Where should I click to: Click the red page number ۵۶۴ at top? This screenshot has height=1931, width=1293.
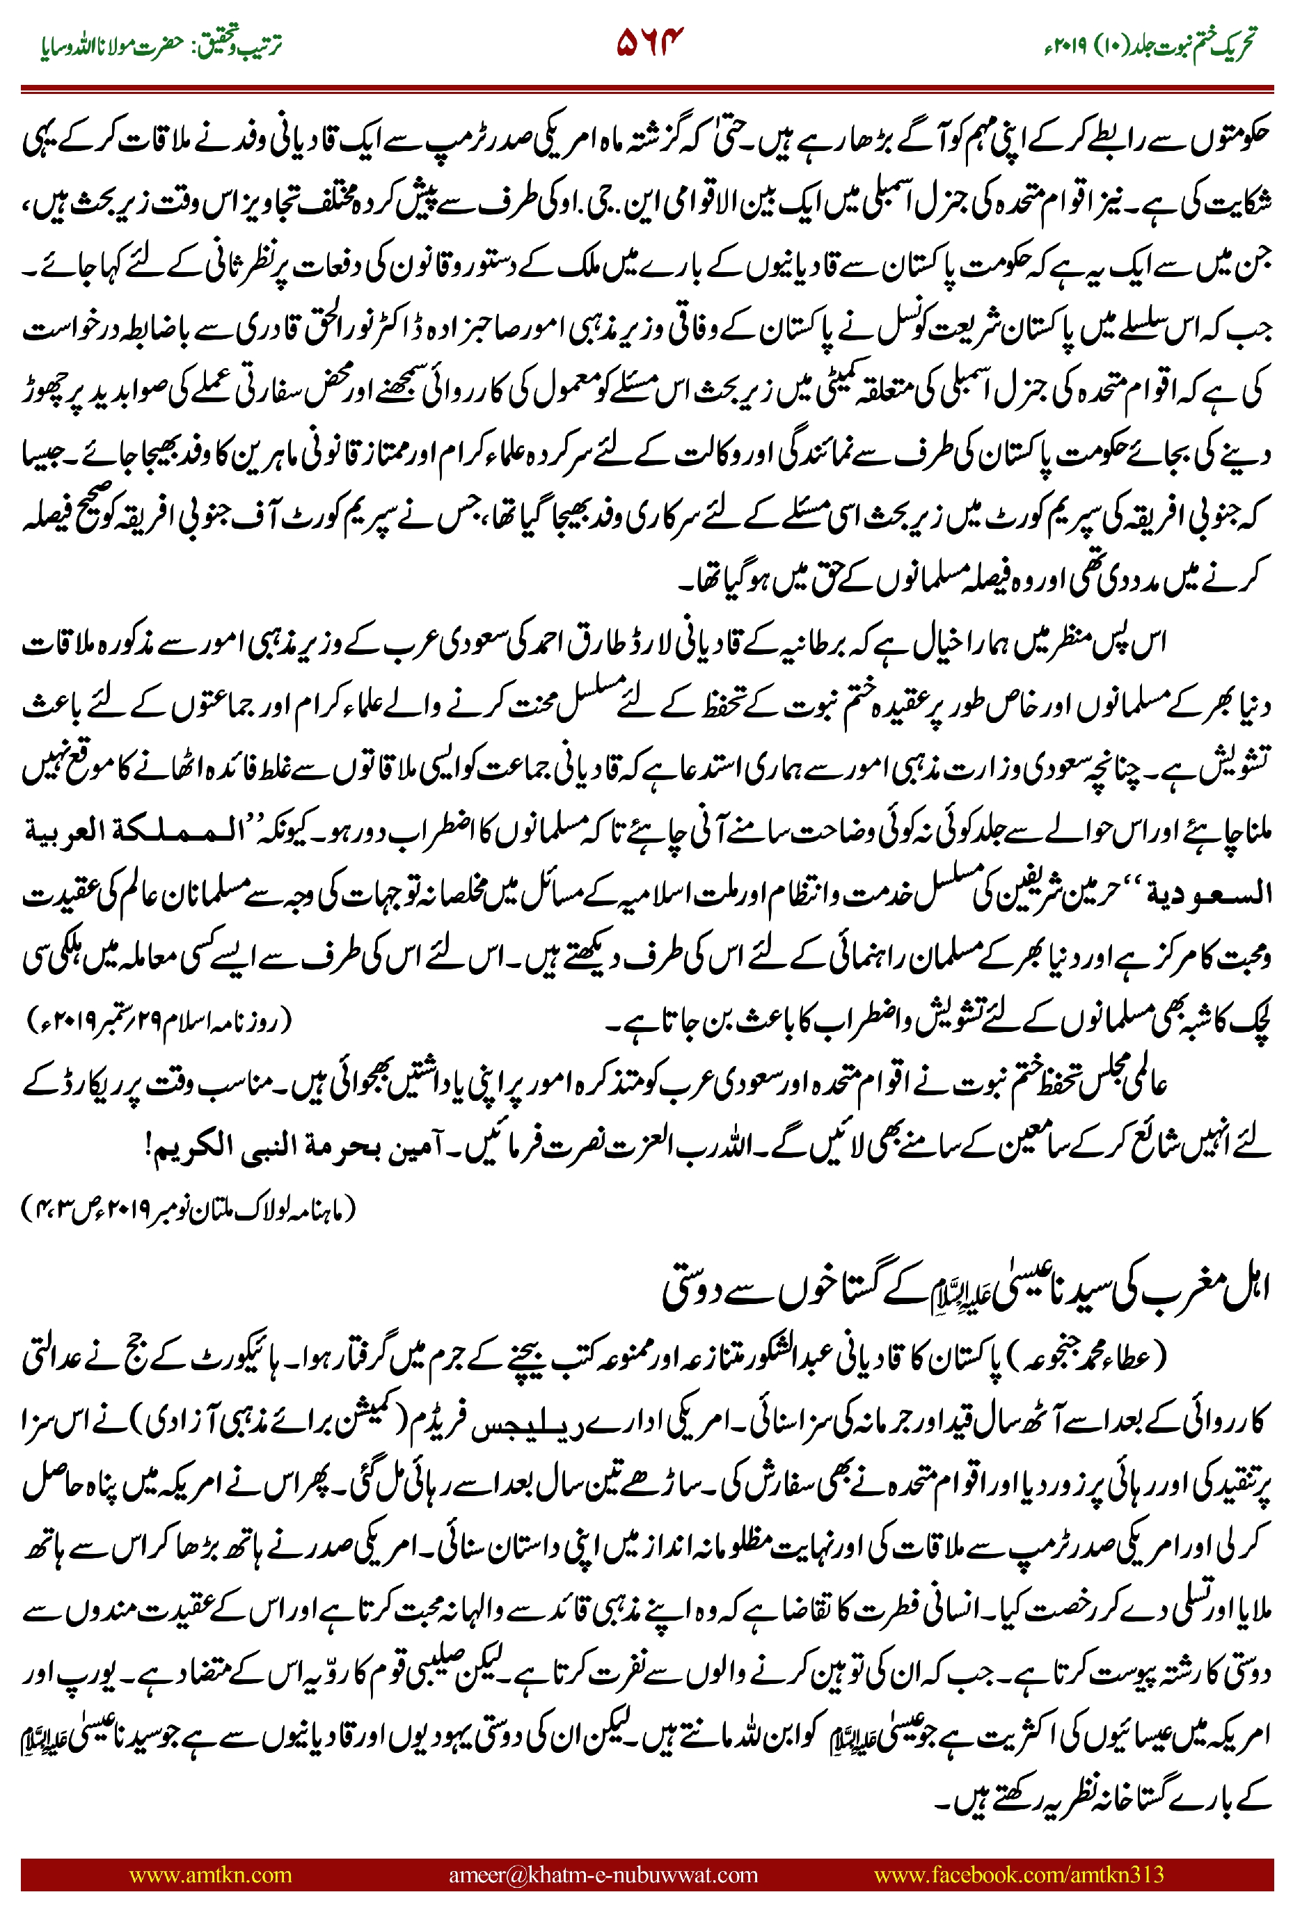(650, 42)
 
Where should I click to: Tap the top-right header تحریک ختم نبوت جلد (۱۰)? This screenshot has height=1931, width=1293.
(1150, 43)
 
